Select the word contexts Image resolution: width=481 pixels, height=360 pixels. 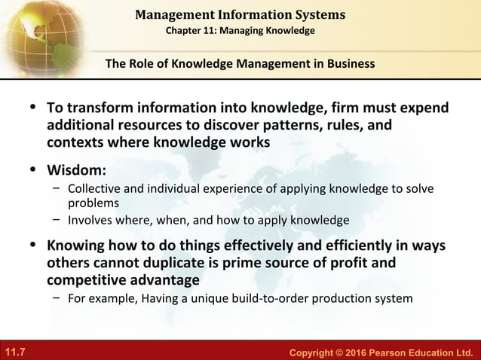click(76, 142)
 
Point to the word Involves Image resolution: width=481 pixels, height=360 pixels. click(93, 221)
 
